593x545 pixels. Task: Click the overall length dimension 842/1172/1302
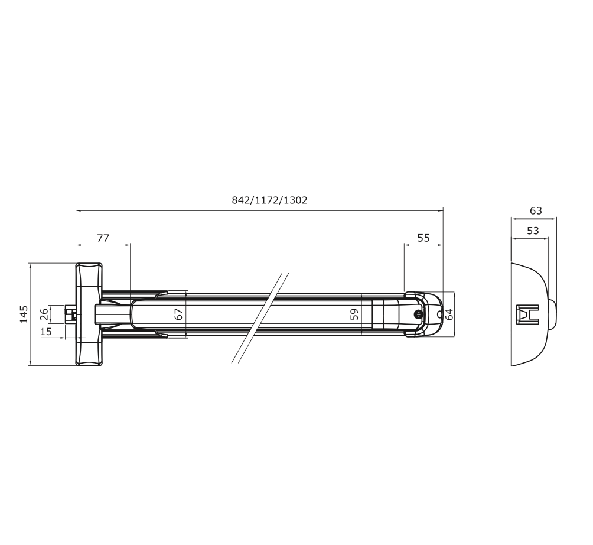270,200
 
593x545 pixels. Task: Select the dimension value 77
103,238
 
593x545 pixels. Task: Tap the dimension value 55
423,238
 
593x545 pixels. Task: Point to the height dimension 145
24,314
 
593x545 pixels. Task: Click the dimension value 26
44,314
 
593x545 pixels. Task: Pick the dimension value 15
45,332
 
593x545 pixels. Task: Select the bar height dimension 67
178,314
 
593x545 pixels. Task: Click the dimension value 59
354,314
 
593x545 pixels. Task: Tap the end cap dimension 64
449,314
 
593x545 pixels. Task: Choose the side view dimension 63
536,210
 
